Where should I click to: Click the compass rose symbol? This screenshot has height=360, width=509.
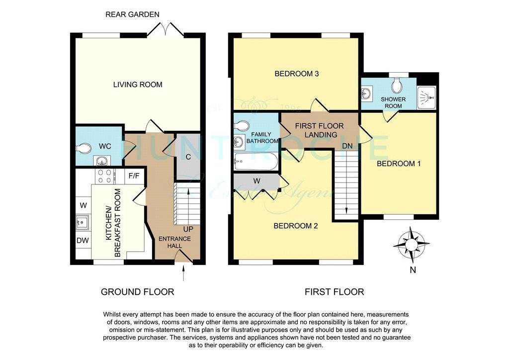coord(411,245)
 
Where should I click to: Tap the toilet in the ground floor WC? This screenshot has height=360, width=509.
coord(84,148)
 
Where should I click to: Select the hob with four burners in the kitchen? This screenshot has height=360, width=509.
coord(105,176)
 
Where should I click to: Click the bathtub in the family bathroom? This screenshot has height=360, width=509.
coord(256,162)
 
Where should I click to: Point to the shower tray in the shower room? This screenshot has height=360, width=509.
coord(426,97)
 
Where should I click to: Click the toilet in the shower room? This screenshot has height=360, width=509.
coord(396,85)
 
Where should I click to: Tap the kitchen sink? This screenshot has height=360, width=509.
coord(83,222)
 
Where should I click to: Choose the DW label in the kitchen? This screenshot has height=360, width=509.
coord(83,241)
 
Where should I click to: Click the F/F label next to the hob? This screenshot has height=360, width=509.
coord(134,176)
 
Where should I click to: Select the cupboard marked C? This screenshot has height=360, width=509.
coord(188,157)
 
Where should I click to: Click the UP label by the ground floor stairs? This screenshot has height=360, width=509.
coord(188,229)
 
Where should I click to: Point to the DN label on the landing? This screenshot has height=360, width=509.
coord(347,146)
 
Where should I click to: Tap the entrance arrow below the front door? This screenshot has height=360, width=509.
coord(184,273)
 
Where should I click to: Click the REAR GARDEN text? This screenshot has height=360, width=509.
coord(132,14)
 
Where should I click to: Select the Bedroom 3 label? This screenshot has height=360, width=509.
coord(297,74)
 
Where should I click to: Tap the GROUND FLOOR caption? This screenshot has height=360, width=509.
coord(138,292)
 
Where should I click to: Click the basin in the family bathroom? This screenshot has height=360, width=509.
coord(239,141)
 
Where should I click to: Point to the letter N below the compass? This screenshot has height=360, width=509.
coord(413,270)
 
